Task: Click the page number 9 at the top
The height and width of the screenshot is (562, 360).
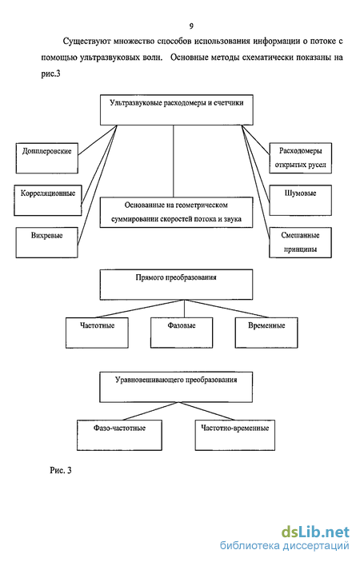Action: pos(191,26)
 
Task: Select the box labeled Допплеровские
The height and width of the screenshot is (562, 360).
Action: pos(47,158)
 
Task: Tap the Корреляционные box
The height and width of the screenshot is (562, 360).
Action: pos(48,201)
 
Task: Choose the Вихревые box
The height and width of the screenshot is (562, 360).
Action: pos(47,242)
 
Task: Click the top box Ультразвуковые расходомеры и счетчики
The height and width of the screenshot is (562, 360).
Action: pos(177,110)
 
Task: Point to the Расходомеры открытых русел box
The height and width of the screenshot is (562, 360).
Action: pos(301,158)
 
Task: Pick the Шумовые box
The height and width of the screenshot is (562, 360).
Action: pos(301,201)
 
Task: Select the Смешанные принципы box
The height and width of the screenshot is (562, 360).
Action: pos(301,242)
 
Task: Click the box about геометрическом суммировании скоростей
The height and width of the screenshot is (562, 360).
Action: pos(176,212)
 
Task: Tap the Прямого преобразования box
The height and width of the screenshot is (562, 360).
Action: pos(176,285)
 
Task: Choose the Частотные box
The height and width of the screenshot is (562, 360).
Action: pos(97,333)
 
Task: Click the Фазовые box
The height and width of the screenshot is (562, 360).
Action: pos(182,333)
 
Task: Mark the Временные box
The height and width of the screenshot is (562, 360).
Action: pos(266,333)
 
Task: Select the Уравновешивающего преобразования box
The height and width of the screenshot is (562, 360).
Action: pos(176,387)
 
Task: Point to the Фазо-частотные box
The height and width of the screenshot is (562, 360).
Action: pos(119,435)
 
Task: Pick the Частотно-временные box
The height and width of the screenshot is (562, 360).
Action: pos(235,435)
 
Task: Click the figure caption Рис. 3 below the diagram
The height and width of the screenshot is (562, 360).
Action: pos(61,470)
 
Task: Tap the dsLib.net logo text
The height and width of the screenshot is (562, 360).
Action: pos(315,532)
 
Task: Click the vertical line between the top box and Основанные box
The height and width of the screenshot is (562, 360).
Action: pos(174,161)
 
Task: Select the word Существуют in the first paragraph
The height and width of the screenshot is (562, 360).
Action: pos(86,42)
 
